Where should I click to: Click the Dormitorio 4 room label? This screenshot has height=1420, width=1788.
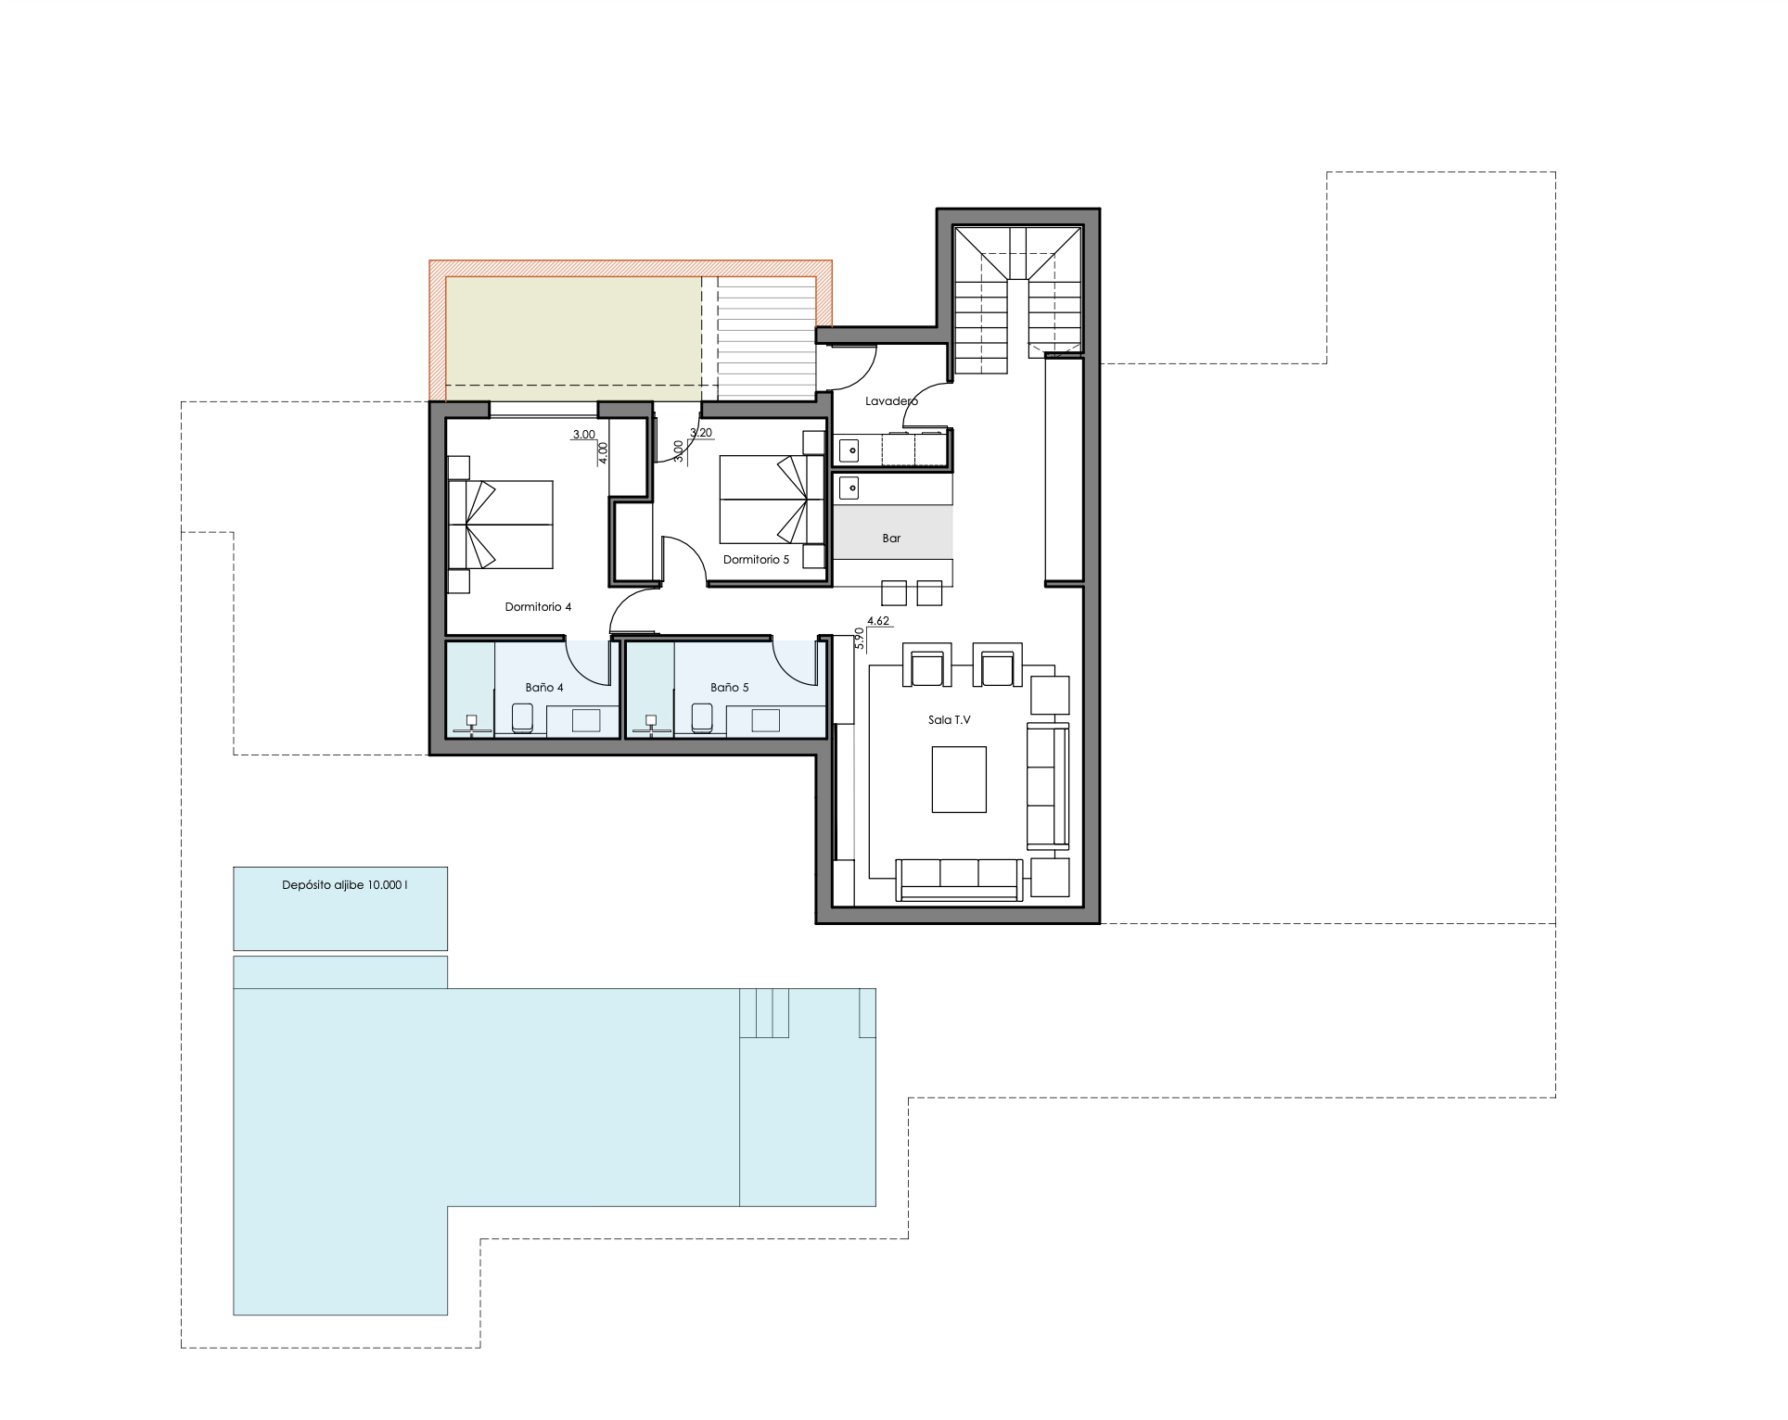click(538, 607)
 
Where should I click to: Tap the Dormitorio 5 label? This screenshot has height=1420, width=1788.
click(756, 560)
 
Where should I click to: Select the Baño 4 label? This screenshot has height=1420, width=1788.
click(544, 688)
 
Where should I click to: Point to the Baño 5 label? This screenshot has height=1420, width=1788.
click(729, 688)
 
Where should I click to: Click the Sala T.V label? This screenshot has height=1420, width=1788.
click(949, 720)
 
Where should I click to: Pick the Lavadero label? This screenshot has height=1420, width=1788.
click(891, 401)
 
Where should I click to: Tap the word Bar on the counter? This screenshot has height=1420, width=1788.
click(891, 539)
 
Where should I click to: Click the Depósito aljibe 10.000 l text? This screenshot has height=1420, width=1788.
click(345, 885)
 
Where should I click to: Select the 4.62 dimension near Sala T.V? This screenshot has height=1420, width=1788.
click(878, 621)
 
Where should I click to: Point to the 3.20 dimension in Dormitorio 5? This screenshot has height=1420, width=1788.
click(701, 433)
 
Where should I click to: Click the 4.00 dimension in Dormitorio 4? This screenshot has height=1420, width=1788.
click(604, 453)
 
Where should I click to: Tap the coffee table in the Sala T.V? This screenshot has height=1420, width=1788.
click(959, 780)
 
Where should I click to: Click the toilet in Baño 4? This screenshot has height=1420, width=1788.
click(523, 718)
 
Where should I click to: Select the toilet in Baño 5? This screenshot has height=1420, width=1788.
click(702, 718)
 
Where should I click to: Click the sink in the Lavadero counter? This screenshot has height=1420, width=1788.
click(849, 451)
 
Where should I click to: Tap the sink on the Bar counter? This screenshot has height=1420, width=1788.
click(849, 488)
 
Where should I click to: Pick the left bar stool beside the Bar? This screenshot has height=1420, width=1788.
click(893, 593)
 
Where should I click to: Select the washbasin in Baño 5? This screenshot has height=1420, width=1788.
click(766, 720)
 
